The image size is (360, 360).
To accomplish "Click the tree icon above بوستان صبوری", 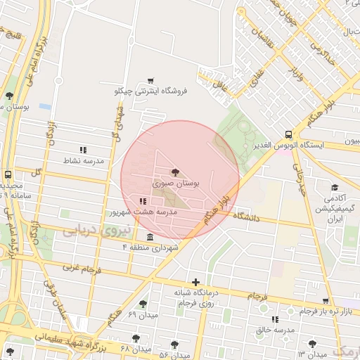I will click(x=175, y=171).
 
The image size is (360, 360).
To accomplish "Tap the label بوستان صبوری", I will click(x=176, y=183).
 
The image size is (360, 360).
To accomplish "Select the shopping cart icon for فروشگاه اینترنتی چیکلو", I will click(x=150, y=81).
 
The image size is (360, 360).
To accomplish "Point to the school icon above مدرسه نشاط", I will click(x=83, y=150).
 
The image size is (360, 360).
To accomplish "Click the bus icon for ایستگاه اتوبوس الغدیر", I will click(x=289, y=134).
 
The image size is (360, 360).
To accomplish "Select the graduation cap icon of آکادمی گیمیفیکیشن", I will click(x=335, y=188).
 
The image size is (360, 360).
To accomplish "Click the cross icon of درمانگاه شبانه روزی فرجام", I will click(x=195, y=282).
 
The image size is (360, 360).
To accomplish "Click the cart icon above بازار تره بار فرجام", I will click(x=325, y=301).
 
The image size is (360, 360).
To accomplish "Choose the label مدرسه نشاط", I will click(x=84, y=161).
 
